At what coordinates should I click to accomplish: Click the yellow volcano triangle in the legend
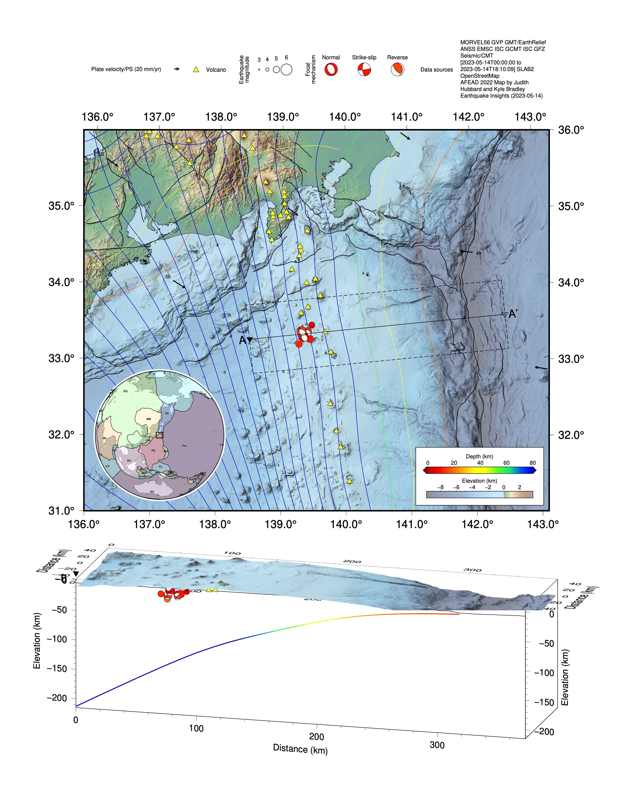(196, 69)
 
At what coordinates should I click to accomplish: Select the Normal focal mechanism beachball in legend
(331, 69)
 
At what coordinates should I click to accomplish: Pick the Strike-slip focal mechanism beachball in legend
(364, 69)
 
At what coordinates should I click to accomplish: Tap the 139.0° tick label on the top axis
(283, 117)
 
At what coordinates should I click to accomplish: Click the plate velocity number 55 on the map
(168, 277)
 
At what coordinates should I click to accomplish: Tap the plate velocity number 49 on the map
(478, 253)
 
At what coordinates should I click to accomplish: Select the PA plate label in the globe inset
(184, 446)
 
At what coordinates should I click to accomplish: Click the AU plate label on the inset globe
(152, 492)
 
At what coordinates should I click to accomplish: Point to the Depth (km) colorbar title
(479, 456)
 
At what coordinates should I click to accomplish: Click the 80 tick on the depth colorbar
(533, 463)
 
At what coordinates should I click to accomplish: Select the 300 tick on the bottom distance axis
(437, 745)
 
